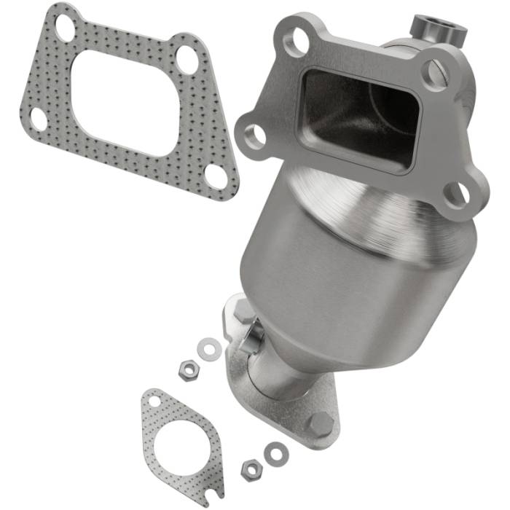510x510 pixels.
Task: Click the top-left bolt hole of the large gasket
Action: click(65, 30)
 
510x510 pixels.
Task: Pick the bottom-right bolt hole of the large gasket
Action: click(216, 175)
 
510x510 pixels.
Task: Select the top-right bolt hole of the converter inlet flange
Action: click(434, 73)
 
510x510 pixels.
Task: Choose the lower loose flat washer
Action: click(275, 453)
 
